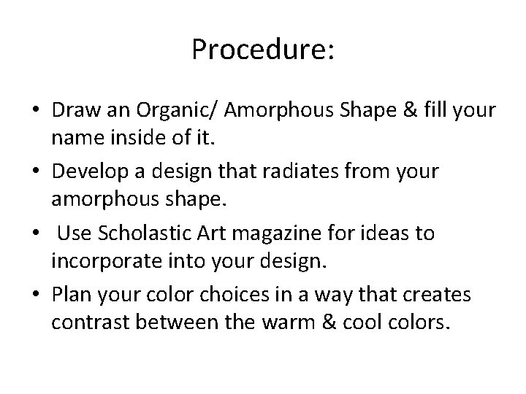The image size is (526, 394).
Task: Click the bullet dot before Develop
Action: point(35,172)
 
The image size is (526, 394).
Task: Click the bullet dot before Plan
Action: point(35,295)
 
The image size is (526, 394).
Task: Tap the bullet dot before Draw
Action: point(35,111)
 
